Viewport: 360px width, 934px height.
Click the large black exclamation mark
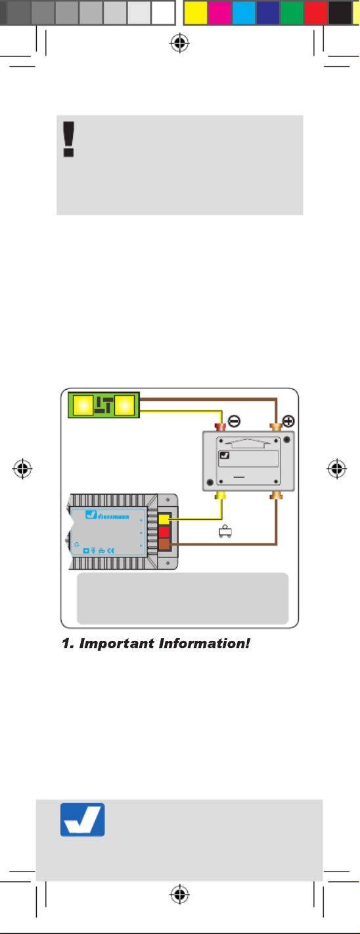click(69, 139)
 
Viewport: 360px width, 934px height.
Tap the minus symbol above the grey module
click(234, 421)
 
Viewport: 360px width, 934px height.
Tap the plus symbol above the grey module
click(288, 421)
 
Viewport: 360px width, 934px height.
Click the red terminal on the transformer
click(164, 532)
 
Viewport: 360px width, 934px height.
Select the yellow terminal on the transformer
click(164, 519)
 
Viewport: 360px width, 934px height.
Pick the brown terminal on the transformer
click(164, 544)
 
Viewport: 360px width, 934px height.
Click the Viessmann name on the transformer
click(114, 517)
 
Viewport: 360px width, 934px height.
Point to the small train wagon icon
click(225, 531)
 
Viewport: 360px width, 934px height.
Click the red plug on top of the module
click(220, 427)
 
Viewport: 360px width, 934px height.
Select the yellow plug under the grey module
click(221, 496)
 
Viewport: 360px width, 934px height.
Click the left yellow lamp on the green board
click(83, 405)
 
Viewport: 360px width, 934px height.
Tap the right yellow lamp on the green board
click(124, 405)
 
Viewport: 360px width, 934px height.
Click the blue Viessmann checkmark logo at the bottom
click(83, 820)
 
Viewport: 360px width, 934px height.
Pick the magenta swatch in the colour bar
click(219, 13)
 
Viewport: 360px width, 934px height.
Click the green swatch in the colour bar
click(292, 13)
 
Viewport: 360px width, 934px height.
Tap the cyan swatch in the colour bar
click(244, 13)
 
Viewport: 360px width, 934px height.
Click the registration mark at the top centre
click(179, 43)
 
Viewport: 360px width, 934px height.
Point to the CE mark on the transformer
click(110, 551)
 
